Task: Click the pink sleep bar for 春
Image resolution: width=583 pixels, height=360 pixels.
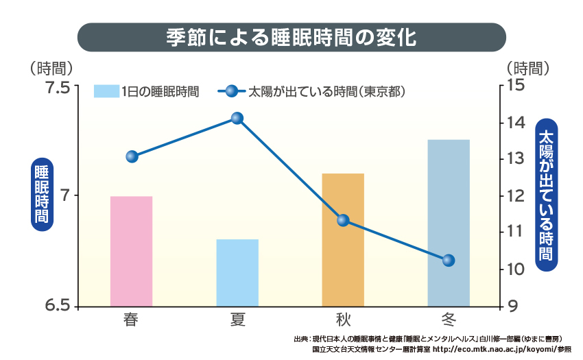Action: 131,251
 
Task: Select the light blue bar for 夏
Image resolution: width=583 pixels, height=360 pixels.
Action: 237,272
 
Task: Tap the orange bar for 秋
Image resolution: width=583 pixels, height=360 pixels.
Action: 343,239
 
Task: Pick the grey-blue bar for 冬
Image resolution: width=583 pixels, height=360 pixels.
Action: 449,223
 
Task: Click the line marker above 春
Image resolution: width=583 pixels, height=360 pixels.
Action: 132,156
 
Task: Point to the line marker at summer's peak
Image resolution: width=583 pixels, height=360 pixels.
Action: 237,118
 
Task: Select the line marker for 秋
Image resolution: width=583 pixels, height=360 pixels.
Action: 343,220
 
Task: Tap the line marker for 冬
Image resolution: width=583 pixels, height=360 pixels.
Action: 449,261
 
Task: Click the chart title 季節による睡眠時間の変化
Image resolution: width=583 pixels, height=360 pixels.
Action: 291,37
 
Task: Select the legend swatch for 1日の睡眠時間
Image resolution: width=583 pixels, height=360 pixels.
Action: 106,91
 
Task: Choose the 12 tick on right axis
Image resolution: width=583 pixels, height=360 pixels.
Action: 515,196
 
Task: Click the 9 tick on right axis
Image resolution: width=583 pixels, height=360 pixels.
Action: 511,306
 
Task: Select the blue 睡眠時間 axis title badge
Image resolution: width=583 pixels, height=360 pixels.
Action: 43,196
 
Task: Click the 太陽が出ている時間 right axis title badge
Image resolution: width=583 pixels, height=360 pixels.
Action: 547,195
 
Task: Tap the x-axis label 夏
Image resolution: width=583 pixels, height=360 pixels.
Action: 237,320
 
